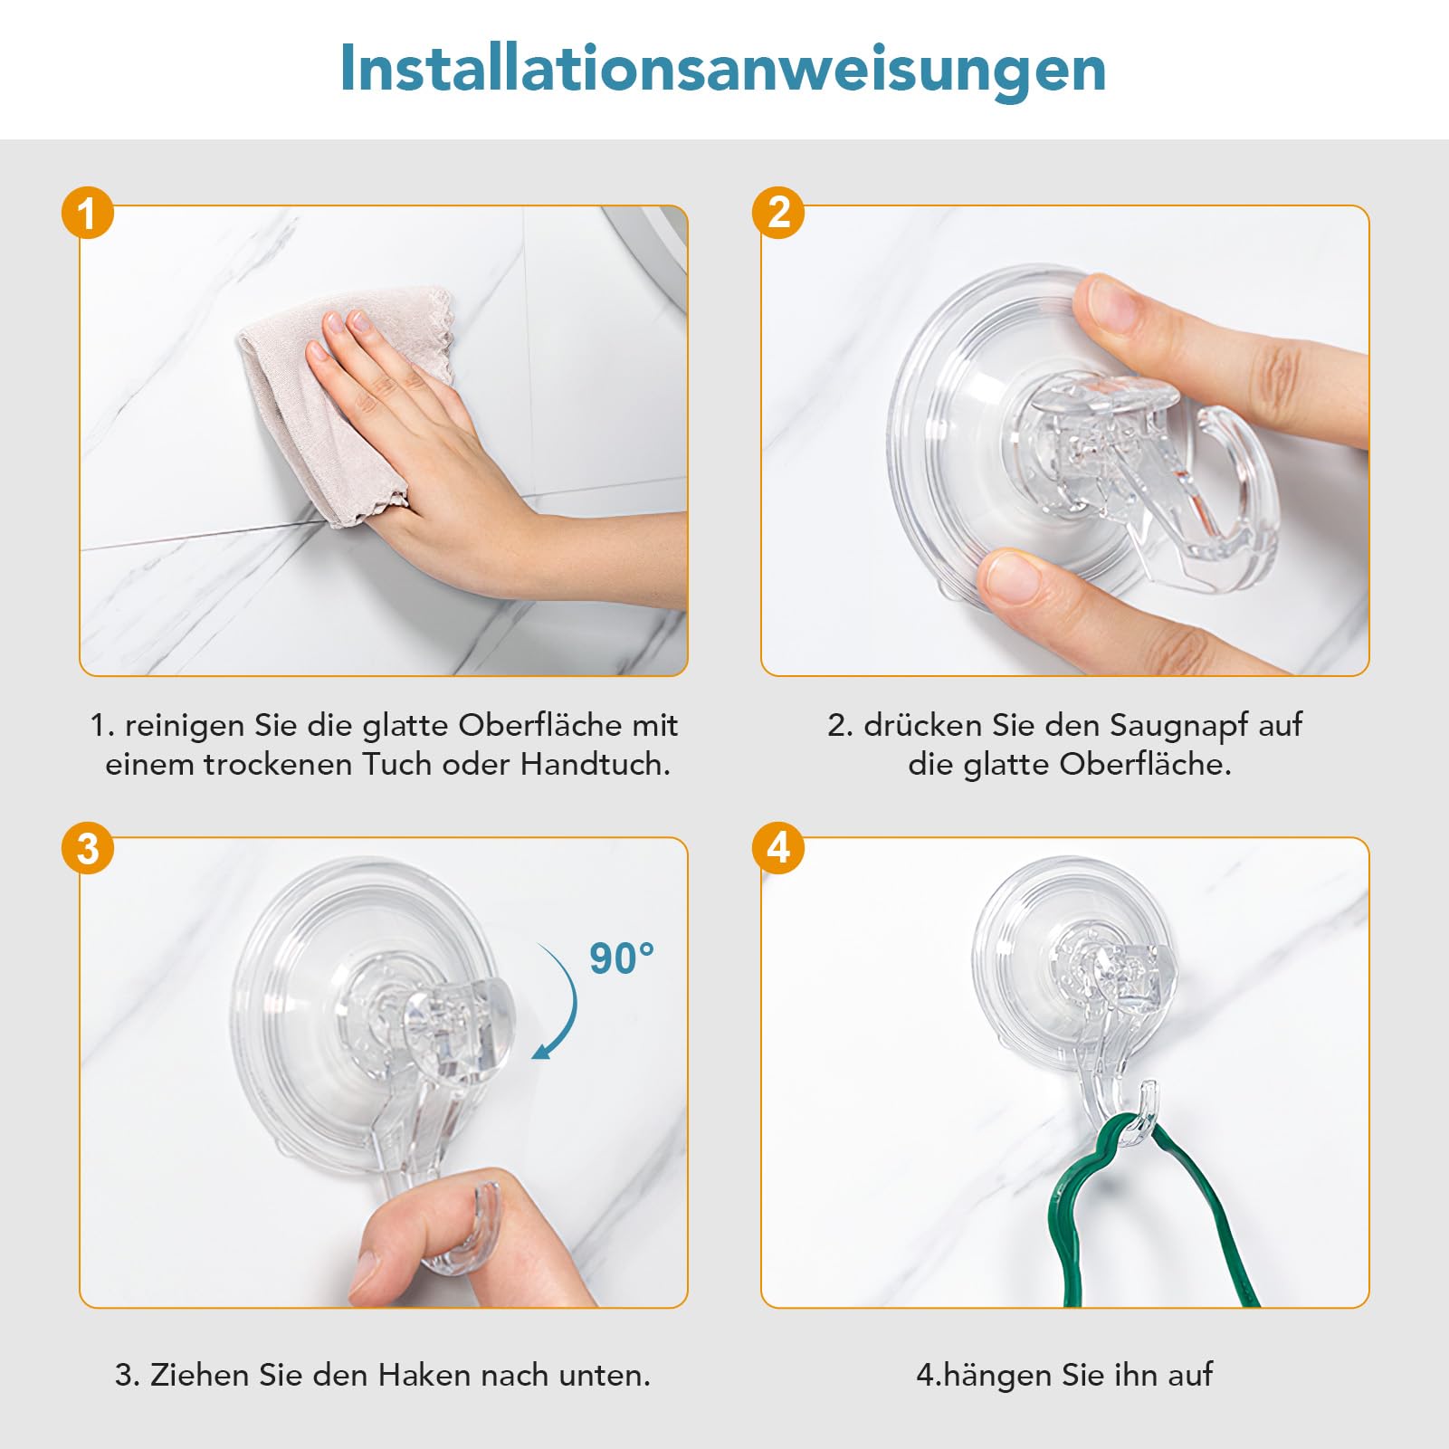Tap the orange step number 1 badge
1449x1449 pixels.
pyautogui.click(x=88, y=214)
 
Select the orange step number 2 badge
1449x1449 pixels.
pyautogui.click(x=778, y=213)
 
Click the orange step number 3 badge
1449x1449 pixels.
pyautogui.click(x=88, y=849)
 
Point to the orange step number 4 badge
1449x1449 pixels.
pyautogui.click(x=778, y=848)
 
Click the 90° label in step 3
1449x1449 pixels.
pyautogui.click(x=622, y=958)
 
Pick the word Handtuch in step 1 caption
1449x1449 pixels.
pyautogui.click(x=595, y=765)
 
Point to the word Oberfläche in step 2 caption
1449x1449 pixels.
pyautogui.click(x=1145, y=765)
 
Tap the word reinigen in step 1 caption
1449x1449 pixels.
pyautogui.click(x=185, y=727)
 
